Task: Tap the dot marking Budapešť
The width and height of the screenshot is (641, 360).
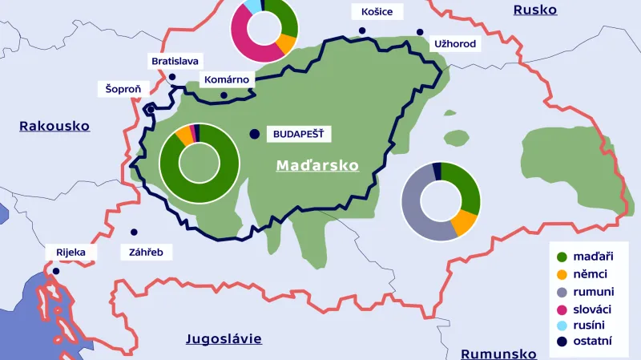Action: tap(255, 134)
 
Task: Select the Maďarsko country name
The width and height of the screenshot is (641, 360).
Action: tap(317, 165)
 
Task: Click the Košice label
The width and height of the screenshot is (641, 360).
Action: tap(377, 12)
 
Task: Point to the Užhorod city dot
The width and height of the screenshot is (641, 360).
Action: tap(419, 32)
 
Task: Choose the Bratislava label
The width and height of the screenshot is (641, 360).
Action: tap(175, 61)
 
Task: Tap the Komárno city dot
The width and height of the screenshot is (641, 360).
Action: tap(224, 95)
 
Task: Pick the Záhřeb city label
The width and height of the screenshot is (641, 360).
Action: tap(146, 252)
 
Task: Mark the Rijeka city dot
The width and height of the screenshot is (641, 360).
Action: tap(56, 271)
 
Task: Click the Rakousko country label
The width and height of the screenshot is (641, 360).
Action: tap(54, 126)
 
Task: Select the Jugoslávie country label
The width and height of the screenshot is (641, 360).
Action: tap(224, 338)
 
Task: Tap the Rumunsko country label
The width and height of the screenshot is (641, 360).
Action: tap(498, 354)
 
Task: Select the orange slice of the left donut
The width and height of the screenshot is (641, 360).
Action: tap(184, 135)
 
